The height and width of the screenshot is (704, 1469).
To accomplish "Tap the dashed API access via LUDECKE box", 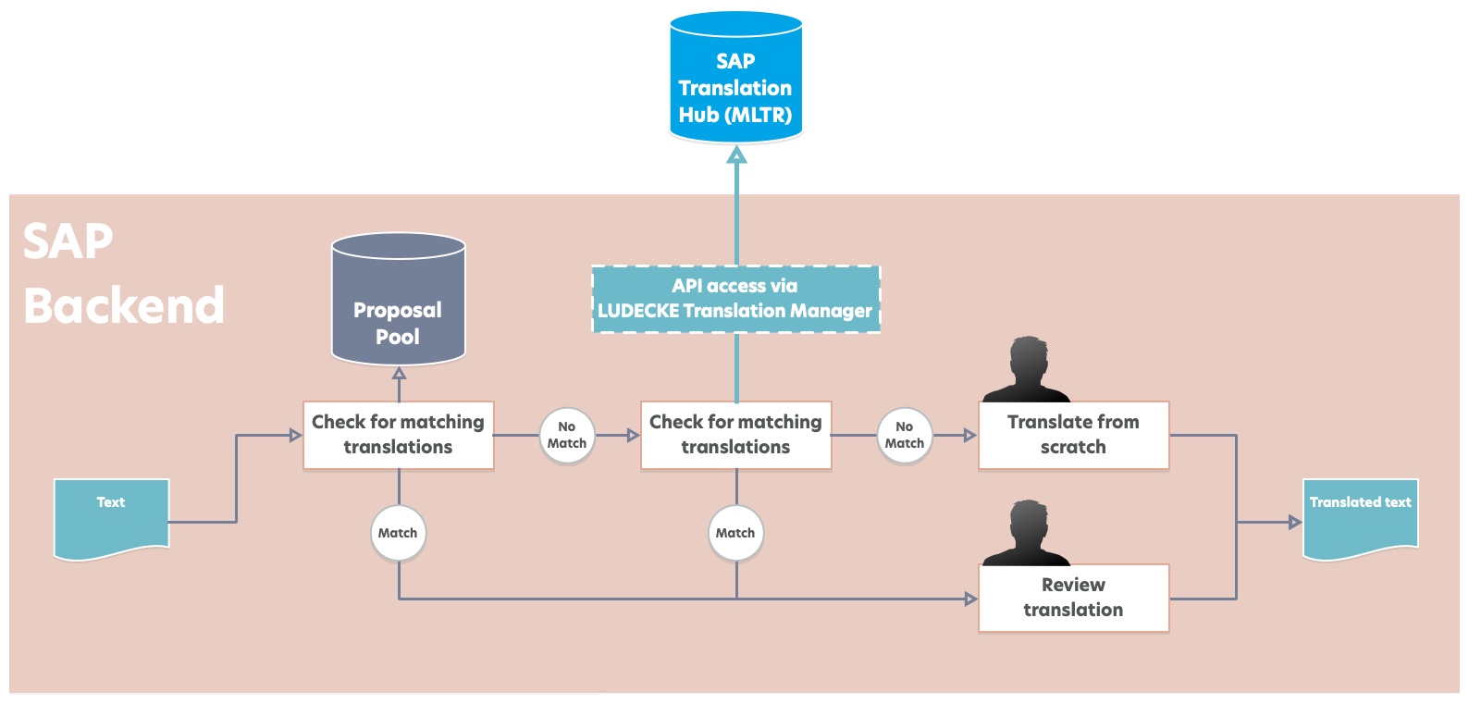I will coord(735,299).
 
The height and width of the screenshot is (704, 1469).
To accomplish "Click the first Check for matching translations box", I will coord(398,435).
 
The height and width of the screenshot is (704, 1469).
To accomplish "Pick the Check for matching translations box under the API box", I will coord(735,435).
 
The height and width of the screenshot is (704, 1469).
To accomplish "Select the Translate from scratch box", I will coord(1073,435).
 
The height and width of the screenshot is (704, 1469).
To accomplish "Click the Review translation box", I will coord(1073,598).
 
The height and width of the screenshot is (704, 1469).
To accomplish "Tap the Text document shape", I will coord(111,516).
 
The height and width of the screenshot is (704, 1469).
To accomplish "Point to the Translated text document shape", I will coord(1360,516).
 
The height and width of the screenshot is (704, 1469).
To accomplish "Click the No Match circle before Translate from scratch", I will coord(904,435).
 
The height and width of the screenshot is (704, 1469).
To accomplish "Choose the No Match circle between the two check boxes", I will coord(566,435).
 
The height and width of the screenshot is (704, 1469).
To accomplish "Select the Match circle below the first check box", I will coord(398,533).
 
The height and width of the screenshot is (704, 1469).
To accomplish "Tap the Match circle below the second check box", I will coord(735,533).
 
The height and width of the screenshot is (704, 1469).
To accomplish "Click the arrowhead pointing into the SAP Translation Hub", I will coord(736,154).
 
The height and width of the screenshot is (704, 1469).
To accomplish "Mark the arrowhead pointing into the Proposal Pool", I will coord(399,374).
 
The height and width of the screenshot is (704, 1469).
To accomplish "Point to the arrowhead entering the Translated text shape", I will coord(1295,523).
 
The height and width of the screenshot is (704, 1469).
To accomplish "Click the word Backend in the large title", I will coord(123,305).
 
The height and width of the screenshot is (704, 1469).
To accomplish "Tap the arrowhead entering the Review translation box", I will coord(971,599).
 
